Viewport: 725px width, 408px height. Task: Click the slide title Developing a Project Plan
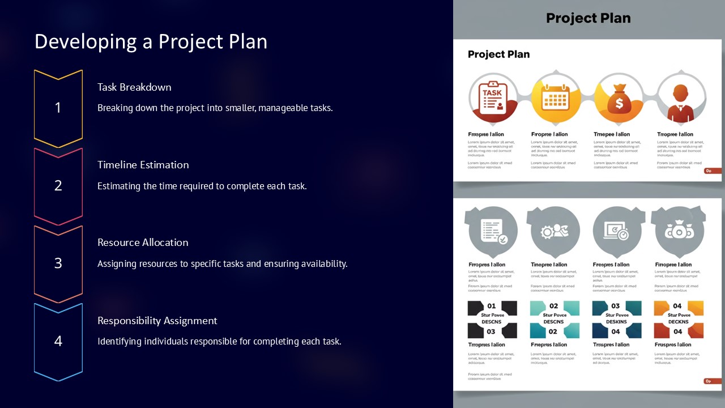pyautogui.click(x=151, y=42)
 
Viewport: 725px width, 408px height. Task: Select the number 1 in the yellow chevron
pyautogui.click(x=58, y=107)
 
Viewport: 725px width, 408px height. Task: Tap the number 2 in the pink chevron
pyautogui.click(x=58, y=185)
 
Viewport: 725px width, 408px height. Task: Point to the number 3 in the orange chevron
pyautogui.click(x=58, y=263)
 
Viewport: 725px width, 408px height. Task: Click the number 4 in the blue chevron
pyautogui.click(x=58, y=341)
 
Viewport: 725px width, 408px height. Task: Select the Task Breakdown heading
pyautogui.click(x=134, y=87)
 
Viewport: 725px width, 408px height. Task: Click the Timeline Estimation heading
pyautogui.click(x=143, y=165)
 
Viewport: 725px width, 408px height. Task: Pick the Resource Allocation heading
pyautogui.click(x=143, y=243)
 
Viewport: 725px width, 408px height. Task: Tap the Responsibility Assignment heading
pyautogui.click(x=157, y=321)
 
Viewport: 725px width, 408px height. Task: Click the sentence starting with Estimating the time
pyautogui.click(x=202, y=186)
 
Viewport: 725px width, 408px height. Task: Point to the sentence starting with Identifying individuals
pyautogui.click(x=219, y=341)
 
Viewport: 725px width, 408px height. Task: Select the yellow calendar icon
pyautogui.click(x=555, y=98)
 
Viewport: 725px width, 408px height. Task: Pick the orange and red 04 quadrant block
pyautogui.click(x=678, y=319)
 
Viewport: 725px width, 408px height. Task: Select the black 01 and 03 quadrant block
pyautogui.click(x=492, y=319)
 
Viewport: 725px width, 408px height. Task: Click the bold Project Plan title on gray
pyautogui.click(x=588, y=18)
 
